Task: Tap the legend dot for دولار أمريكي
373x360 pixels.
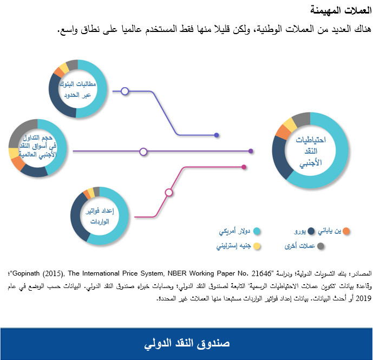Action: pos(257,231)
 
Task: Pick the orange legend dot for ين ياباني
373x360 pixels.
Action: pos(346,231)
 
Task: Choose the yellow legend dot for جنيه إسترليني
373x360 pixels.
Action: pos(257,246)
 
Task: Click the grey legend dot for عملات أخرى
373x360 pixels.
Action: pos(320,246)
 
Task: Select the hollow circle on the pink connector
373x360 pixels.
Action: pos(169,192)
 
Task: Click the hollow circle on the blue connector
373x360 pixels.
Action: pos(125,91)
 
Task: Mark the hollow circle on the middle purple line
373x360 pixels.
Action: pos(143,152)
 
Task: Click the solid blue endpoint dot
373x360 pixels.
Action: pos(217,135)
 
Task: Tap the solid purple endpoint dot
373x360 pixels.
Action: pos(251,152)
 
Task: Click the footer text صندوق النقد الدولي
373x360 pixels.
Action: pos(187,343)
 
